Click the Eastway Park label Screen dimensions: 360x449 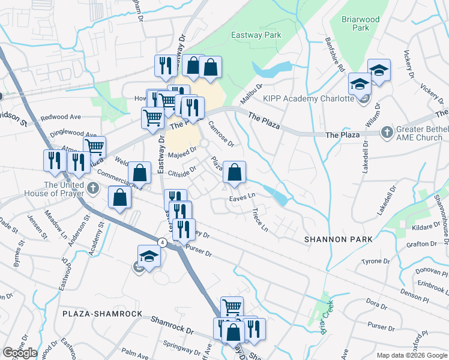point(256,35)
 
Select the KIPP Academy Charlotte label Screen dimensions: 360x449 point(306,98)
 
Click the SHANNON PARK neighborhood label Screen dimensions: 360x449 point(338,239)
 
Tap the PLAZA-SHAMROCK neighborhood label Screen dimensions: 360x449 point(102,314)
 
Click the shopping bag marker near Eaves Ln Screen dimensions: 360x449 point(234,173)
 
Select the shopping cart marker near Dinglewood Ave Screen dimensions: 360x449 point(95,146)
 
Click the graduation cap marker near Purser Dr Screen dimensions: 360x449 point(149,256)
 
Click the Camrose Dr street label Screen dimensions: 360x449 point(220,134)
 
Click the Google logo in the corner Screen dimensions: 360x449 point(20,353)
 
